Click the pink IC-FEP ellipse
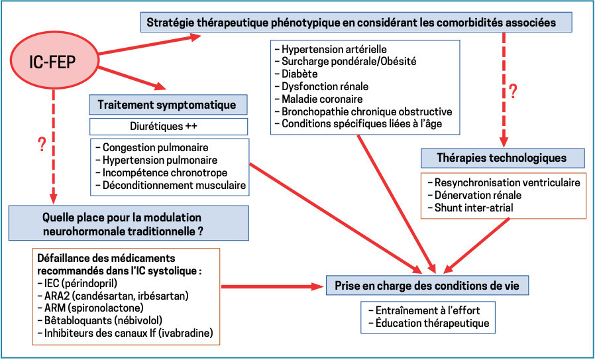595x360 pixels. coord(52,62)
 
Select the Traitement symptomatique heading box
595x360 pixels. coord(168,105)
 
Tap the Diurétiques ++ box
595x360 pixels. coord(168,126)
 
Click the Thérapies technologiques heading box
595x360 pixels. coord(502,158)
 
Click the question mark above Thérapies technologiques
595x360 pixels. coord(512,90)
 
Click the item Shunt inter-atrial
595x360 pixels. coord(474,208)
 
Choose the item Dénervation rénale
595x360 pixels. coord(477,196)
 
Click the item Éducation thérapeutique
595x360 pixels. coord(432,323)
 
